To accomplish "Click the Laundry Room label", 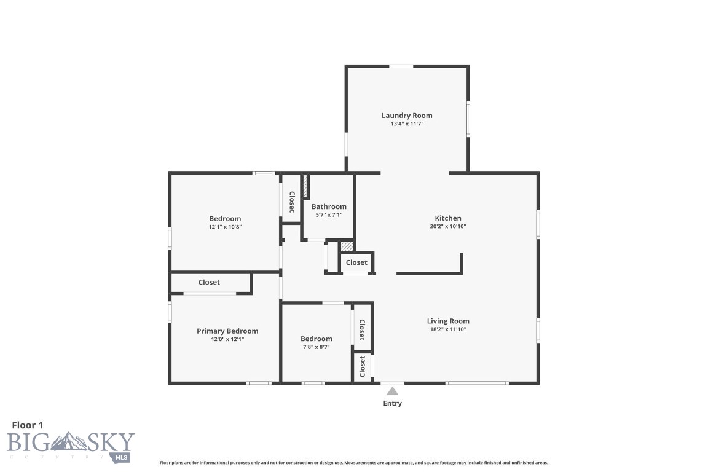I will coord(407,116).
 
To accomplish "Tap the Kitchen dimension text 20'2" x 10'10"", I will coord(448,226).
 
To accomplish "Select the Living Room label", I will coord(448,321).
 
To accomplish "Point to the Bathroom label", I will coord(329,206).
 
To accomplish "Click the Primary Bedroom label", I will coord(227,331).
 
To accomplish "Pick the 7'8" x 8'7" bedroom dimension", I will coord(316,347).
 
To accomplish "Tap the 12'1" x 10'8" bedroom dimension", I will coord(225,227).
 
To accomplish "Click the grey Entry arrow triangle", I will coord(392,391).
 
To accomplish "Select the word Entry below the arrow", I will coord(392,404).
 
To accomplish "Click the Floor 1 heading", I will coord(28,425).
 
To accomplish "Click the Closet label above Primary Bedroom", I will coord(209,283).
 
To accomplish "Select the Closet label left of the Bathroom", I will coord(292,202).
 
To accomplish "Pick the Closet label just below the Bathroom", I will coord(356,262).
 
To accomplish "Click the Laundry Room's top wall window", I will coord(401,66).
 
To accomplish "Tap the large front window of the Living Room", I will coord(477,383).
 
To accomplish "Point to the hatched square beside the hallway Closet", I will coord(347,246).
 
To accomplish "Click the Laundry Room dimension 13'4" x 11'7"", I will coord(407,124).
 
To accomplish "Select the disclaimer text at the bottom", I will coord(353,463).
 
